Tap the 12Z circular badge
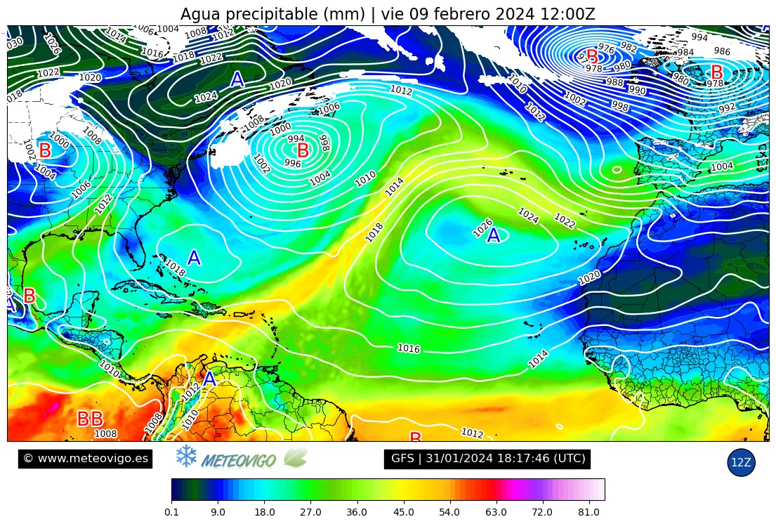click(x=741, y=462)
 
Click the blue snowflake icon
click(x=185, y=457)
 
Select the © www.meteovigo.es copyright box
click(x=85, y=459)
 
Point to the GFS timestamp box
click(x=488, y=459)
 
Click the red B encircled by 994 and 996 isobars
click(x=303, y=150)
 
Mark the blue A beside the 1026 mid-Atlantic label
click(x=494, y=236)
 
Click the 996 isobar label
click(x=292, y=163)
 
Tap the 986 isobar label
click(x=722, y=51)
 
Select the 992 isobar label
click(x=727, y=107)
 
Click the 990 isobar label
click(x=637, y=90)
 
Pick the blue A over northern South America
click(x=209, y=379)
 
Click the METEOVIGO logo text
click(x=238, y=461)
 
